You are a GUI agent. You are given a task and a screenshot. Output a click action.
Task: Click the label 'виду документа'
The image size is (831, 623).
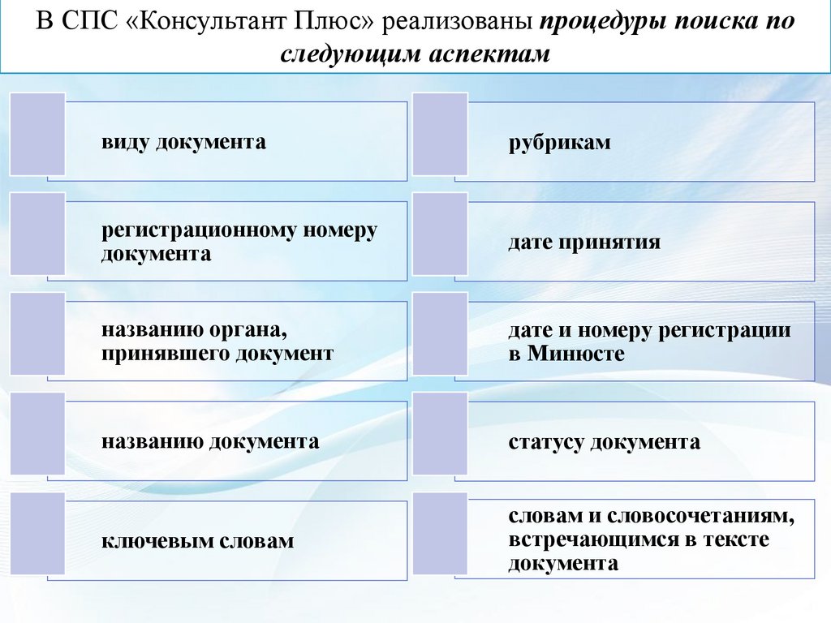(x=183, y=143)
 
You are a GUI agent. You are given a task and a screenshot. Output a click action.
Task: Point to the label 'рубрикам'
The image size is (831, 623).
(x=560, y=144)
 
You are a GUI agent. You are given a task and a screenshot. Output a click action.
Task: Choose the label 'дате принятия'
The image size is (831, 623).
(x=584, y=243)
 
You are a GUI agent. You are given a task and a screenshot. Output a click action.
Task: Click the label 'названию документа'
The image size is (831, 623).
(x=210, y=442)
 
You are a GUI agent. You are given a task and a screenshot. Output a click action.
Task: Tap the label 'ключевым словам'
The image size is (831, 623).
(x=197, y=541)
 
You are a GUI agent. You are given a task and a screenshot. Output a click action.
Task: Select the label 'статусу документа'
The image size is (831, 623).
(x=605, y=443)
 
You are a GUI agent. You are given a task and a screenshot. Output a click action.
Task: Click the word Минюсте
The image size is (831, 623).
(x=576, y=354)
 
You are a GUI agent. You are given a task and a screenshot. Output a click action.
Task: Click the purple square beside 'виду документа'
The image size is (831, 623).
(x=37, y=134)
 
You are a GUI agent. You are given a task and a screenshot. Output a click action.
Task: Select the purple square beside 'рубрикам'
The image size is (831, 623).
(x=440, y=134)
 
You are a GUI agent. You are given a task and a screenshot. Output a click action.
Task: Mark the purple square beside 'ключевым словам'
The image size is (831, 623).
(x=37, y=533)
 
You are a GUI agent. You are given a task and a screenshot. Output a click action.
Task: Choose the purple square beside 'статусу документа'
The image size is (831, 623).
(x=440, y=434)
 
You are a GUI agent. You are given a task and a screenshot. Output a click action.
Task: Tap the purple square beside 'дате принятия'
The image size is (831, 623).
(x=440, y=234)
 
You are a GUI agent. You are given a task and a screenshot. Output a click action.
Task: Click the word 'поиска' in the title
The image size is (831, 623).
(x=713, y=22)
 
